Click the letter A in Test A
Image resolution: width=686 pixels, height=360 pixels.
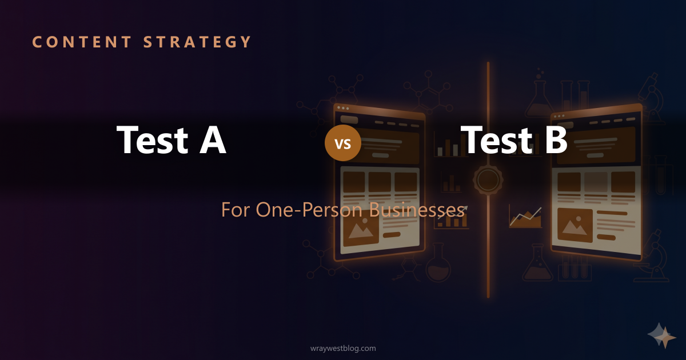213,140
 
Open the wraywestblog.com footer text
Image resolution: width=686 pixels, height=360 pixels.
343,348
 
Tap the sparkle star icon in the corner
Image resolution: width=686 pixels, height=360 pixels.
661,336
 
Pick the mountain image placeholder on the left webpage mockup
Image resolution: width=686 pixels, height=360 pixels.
361,229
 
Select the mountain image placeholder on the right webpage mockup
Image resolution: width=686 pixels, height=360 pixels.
575,225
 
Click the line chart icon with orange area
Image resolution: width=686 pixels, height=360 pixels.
525,218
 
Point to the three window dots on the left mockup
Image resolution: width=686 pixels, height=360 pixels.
343,107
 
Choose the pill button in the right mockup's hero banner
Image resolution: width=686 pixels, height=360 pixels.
595,155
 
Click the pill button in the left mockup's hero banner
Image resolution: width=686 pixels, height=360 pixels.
380,155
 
